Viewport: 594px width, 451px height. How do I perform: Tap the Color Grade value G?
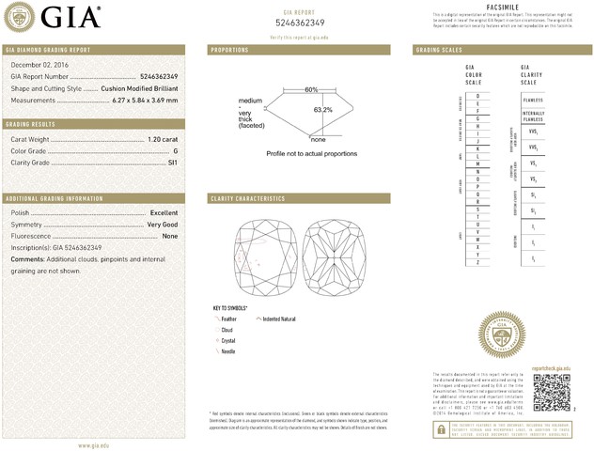click(175, 150)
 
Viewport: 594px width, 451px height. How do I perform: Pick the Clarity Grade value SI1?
click(172, 163)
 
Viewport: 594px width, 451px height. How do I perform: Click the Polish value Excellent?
click(164, 213)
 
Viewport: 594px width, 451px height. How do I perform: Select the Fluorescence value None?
click(170, 236)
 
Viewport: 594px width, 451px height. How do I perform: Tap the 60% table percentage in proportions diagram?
click(310, 89)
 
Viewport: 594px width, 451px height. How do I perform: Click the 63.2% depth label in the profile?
click(322, 110)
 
